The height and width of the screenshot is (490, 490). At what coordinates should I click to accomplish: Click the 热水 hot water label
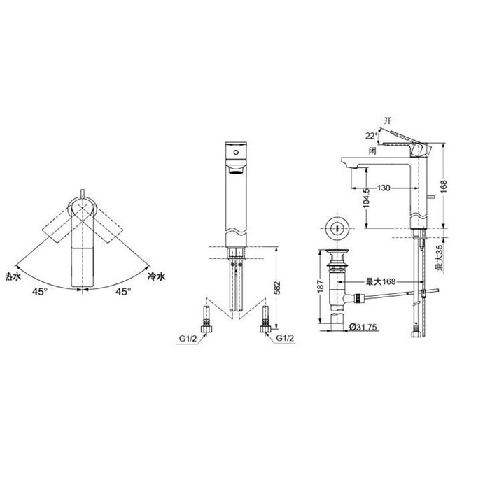[13, 276]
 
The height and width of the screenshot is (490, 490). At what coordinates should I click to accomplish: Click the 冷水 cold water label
[156, 276]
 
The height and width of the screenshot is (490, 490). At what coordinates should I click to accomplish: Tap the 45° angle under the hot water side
[40, 292]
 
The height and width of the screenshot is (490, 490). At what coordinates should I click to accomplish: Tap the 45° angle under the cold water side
[123, 292]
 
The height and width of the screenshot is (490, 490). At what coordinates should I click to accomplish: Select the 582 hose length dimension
[277, 288]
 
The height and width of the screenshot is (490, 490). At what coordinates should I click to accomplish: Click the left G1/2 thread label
[188, 338]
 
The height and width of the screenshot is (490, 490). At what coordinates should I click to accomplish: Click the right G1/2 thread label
[285, 338]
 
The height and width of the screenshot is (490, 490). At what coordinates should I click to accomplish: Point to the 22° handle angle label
[372, 136]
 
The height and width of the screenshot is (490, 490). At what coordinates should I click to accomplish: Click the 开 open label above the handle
[388, 120]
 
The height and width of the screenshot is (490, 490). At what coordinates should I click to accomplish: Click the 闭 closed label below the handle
[372, 151]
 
